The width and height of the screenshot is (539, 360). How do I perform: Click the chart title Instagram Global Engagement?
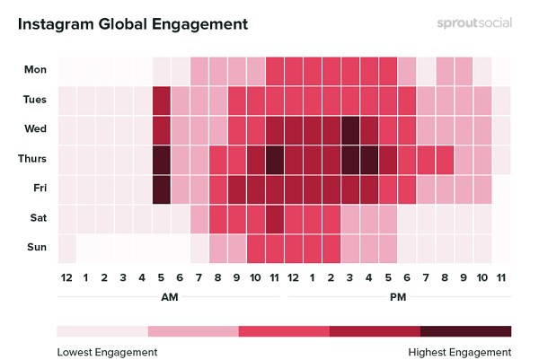point(133,23)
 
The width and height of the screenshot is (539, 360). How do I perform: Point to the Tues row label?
point(36,99)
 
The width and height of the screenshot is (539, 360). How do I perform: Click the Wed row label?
point(36,128)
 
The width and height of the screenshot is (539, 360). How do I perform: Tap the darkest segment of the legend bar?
point(465,331)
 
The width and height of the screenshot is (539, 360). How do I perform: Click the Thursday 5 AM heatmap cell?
point(162,159)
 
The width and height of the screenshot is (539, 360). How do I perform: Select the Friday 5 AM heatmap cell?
point(162,189)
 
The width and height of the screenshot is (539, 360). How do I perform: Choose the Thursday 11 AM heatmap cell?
point(275,159)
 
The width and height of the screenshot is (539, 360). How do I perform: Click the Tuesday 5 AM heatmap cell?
point(162,99)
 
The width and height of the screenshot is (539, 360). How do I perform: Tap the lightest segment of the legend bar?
point(102,331)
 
